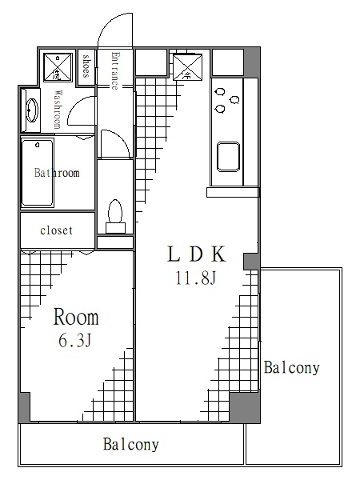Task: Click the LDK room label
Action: click(x=198, y=255)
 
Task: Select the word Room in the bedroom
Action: click(x=76, y=318)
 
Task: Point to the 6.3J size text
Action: click(x=76, y=341)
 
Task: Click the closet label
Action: click(x=56, y=230)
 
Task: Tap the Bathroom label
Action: click(x=56, y=173)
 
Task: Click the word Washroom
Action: click(x=58, y=110)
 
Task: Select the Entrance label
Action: click(x=115, y=70)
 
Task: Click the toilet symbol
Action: click(x=114, y=214)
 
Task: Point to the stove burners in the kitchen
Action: click(x=227, y=99)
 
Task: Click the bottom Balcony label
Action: click(x=131, y=445)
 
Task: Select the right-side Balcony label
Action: click(x=292, y=368)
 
